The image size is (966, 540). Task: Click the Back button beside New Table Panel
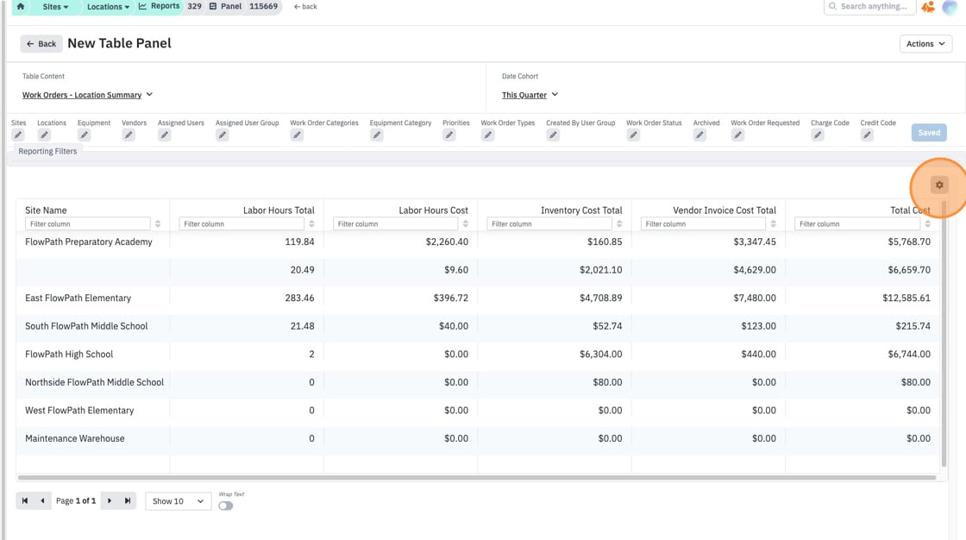pos(41,44)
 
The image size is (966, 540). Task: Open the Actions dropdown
pos(925,44)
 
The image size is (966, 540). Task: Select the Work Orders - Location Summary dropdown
pos(87,95)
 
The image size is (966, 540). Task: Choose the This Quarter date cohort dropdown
pos(530,95)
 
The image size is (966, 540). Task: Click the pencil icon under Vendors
pos(129,135)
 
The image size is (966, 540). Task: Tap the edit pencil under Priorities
pos(449,135)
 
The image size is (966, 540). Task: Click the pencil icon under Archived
pos(699,135)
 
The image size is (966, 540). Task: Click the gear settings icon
pos(939,185)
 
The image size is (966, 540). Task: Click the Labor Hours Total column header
pos(279,210)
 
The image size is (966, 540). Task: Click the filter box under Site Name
pos(87,223)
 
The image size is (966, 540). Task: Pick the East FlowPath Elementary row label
pos(78,298)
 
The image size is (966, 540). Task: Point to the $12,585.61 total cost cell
pos(906,298)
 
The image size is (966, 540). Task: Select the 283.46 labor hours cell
pos(299,298)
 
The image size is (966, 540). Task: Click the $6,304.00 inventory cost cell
pos(600,354)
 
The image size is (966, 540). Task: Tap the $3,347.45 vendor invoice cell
pos(755,242)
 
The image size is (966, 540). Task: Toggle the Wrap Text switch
pos(225,505)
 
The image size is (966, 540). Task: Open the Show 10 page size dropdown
pos(178,501)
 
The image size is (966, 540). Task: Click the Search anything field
pos(869,7)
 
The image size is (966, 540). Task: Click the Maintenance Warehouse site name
pos(74,438)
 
